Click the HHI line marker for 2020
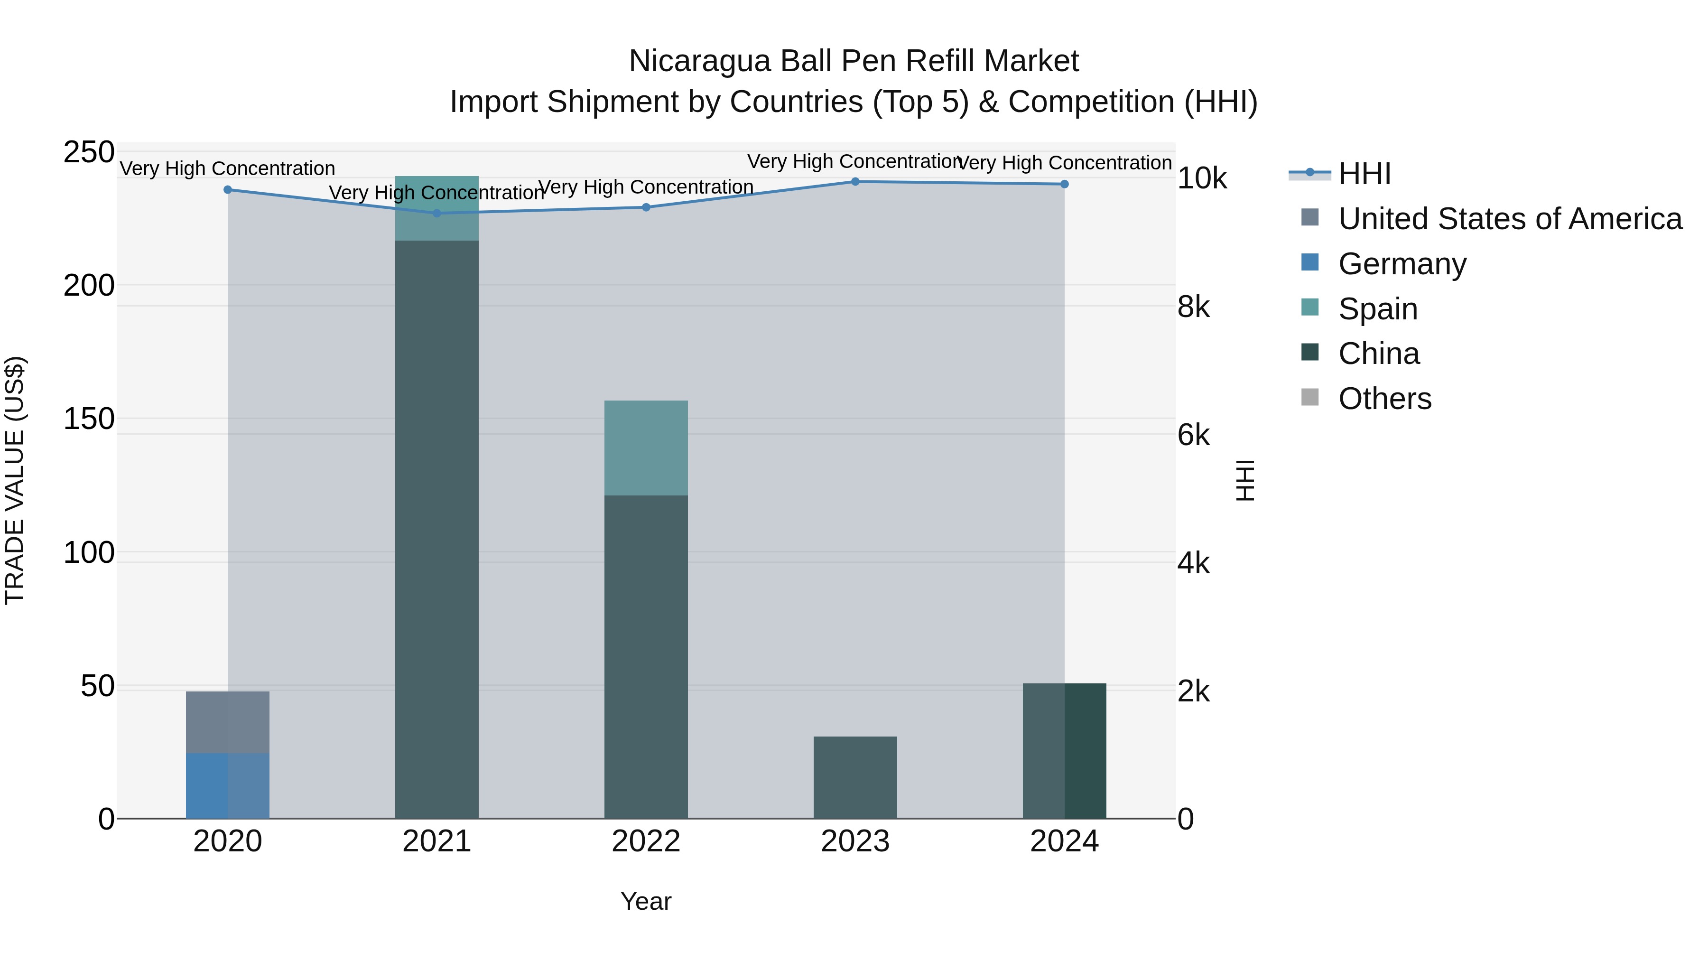(227, 190)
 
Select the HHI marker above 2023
(854, 182)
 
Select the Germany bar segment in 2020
(227, 785)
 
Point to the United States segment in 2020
(227, 722)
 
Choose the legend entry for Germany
(1402, 264)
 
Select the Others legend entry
(1384, 399)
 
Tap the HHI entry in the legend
(1364, 174)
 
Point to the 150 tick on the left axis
(89, 419)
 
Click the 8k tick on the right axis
(1194, 307)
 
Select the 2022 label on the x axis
(646, 841)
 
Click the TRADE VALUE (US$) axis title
(15, 480)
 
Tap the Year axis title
(646, 901)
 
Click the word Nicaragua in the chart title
(699, 61)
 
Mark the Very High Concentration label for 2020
(227, 168)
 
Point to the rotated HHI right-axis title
(1245, 480)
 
